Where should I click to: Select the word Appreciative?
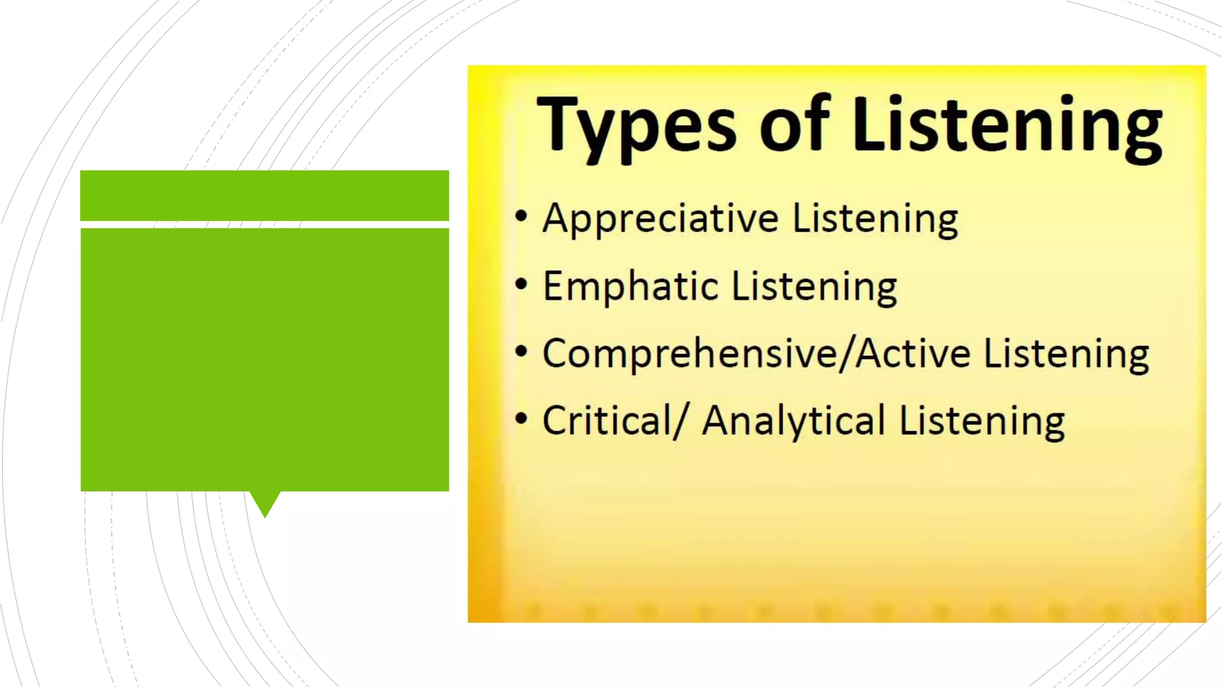coord(660,220)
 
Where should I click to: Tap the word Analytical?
coord(793,422)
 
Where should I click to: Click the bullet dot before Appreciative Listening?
coord(521,216)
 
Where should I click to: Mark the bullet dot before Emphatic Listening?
coord(521,284)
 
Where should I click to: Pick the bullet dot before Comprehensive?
coord(521,352)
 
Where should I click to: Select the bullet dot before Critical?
coord(521,419)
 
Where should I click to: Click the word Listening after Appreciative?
coord(875,220)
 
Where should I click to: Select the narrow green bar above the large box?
coord(264,195)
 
